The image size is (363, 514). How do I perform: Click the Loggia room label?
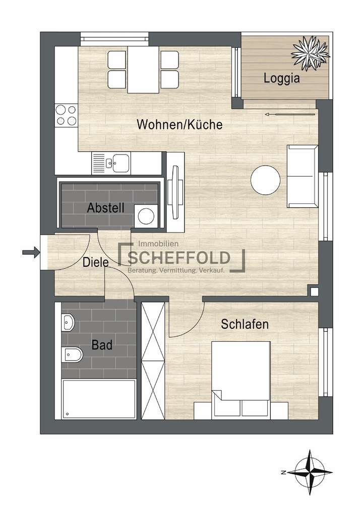pyautogui.click(x=282, y=79)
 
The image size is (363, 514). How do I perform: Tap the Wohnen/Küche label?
pyautogui.click(x=179, y=125)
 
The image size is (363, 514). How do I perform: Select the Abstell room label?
pyautogui.click(x=105, y=208)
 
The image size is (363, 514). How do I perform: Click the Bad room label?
pyautogui.click(x=102, y=345)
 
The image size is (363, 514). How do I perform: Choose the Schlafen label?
pyautogui.click(x=245, y=325)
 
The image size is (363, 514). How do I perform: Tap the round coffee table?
pyautogui.click(x=266, y=180)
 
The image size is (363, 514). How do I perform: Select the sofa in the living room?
pyautogui.click(x=302, y=176)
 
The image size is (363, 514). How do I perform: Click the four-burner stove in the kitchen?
pyautogui.click(x=66, y=115)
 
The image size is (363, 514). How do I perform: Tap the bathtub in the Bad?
pyautogui.click(x=98, y=399)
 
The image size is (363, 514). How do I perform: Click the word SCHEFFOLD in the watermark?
pyautogui.click(x=179, y=258)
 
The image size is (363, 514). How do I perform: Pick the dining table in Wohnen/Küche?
pyautogui.click(x=144, y=69)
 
